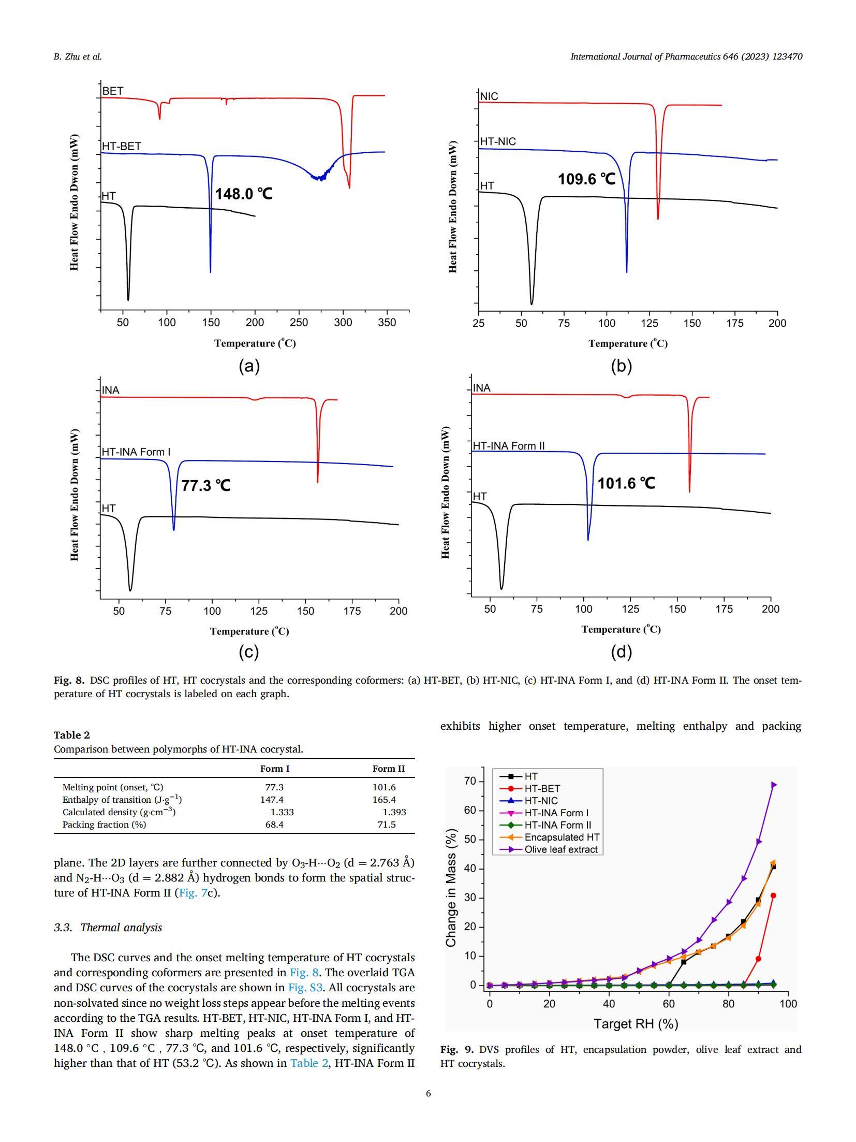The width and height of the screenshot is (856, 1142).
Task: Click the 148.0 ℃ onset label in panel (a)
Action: click(x=243, y=194)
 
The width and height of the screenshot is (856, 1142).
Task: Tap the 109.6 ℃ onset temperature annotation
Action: click(x=586, y=179)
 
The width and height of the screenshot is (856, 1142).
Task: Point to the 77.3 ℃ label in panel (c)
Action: click(x=205, y=485)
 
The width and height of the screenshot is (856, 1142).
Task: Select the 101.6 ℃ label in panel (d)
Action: click(x=626, y=483)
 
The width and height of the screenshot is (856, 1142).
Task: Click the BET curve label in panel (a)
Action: click(x=113, y=91)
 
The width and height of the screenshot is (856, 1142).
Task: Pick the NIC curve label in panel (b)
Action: click(x=489, y=96)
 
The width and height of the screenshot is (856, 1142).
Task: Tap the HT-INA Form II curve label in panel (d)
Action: click(x=508, y=445)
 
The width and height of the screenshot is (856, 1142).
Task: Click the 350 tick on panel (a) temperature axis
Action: click(x=387, y=322)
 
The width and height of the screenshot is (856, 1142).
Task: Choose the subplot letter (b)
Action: click(x=621, y=366)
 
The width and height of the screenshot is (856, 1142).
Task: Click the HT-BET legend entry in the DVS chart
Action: click(x=542, y=788)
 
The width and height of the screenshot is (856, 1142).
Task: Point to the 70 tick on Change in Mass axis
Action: click(x=469, y=781)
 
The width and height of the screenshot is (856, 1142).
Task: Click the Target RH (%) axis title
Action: click(x=635, y=1023)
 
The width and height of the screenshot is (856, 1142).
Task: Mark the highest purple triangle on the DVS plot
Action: click(x=774, y=785)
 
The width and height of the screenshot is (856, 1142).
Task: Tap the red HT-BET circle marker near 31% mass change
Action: click(x=773, y=895)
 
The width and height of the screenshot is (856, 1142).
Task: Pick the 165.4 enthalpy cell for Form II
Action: click(x=383, y=800)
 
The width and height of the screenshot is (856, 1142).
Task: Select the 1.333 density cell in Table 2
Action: click(x=282, y=812)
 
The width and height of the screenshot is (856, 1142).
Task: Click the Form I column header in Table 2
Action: click(x=274, y=769)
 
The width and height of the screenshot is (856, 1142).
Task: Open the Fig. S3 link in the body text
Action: click(x=305, y=988)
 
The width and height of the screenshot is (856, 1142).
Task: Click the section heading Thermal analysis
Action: click(x=108, y=928)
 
